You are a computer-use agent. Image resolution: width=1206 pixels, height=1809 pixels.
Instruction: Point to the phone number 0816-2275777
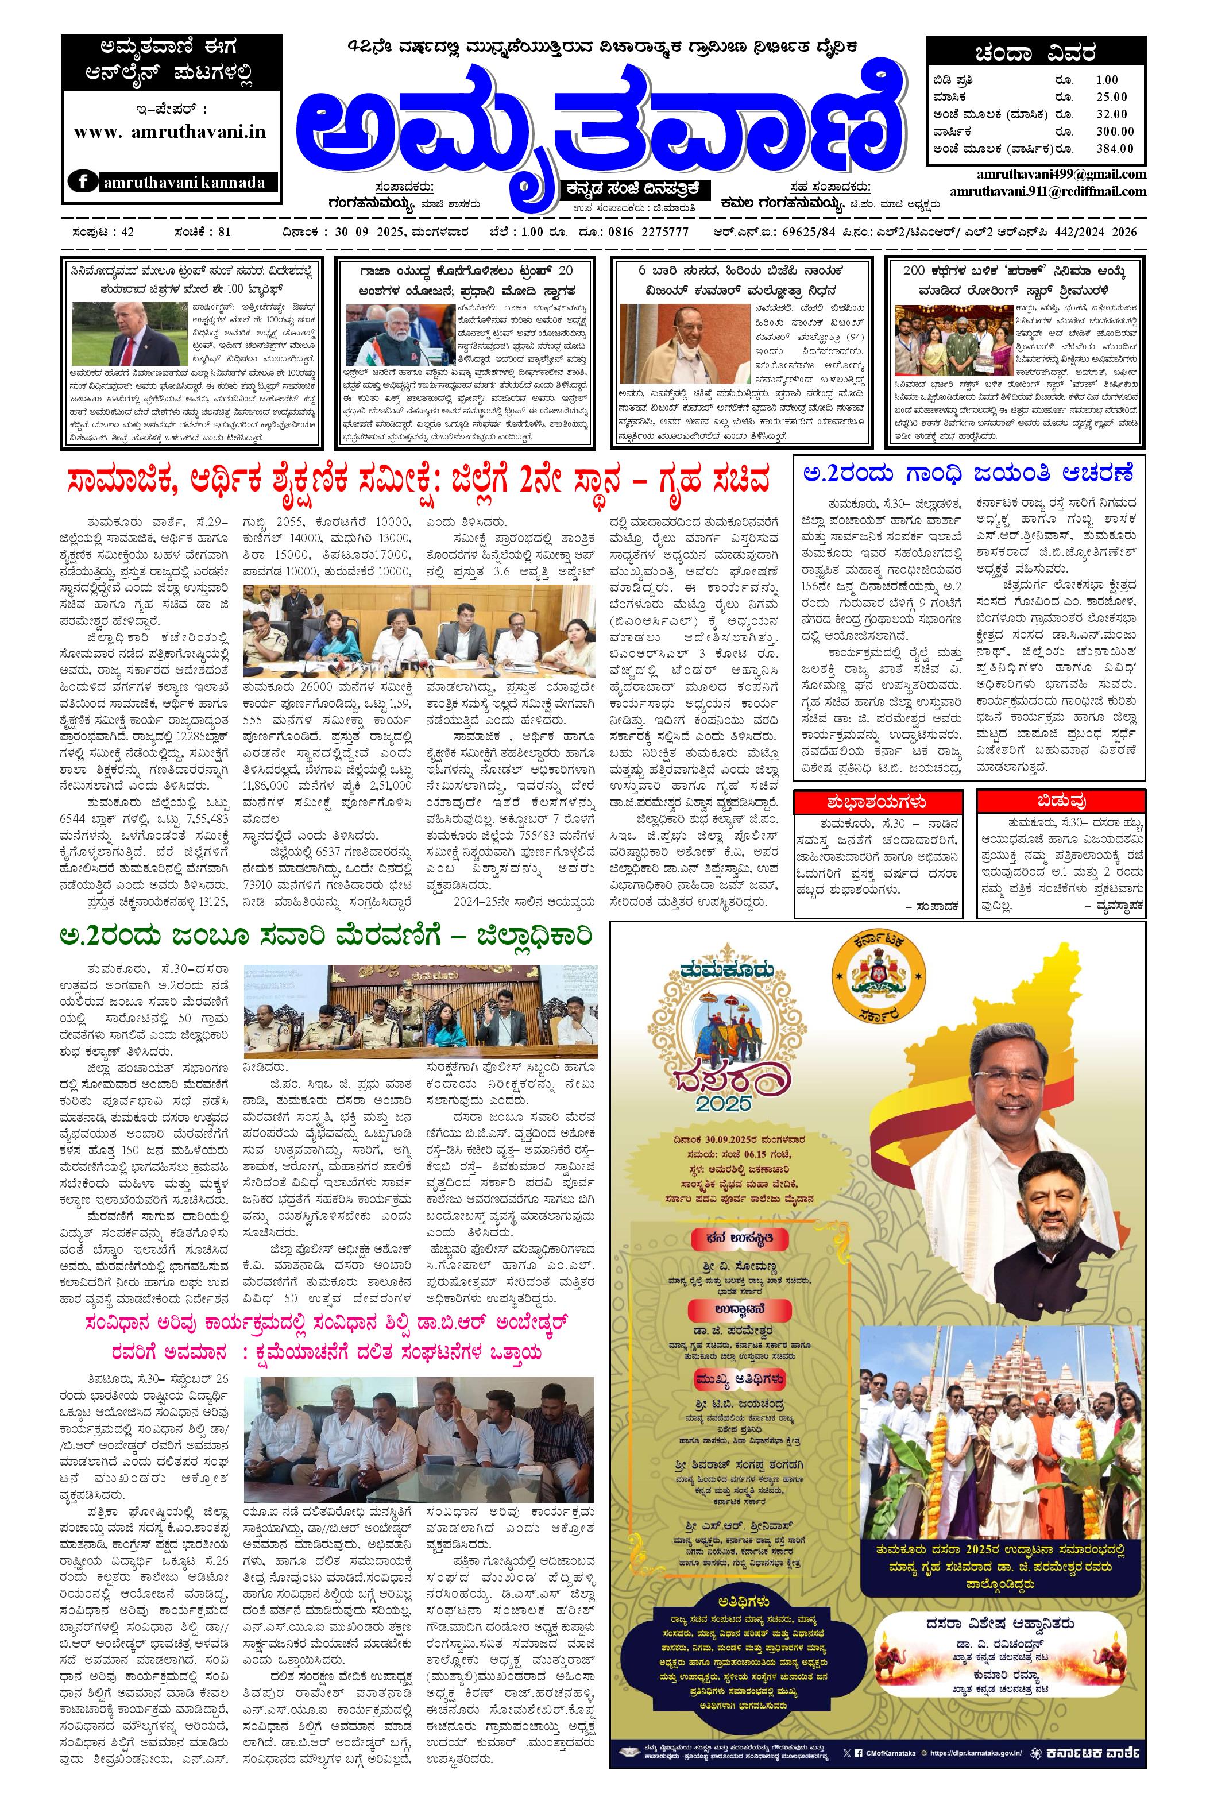click(x=650, y=232)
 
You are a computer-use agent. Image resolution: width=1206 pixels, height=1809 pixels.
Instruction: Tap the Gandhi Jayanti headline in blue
click(x=969, y=474)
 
